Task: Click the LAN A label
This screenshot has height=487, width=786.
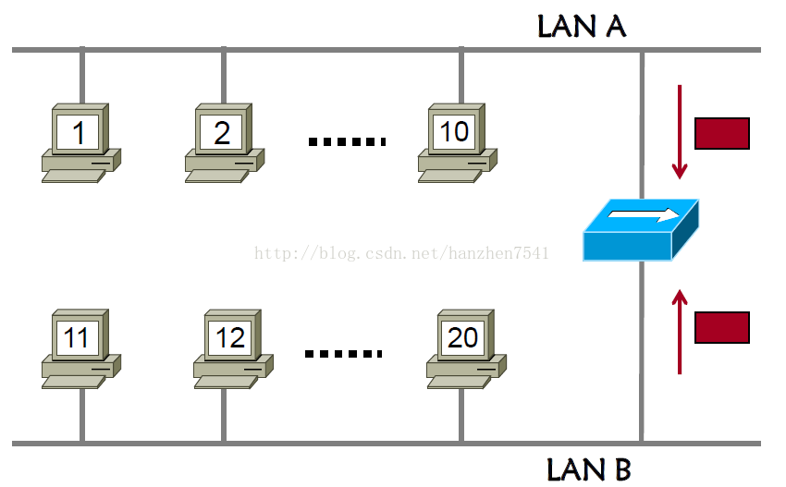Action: point(582,27)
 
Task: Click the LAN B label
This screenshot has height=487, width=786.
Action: point(588,469)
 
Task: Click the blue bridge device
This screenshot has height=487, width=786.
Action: point(640,231)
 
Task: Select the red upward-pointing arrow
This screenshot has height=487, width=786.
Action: point(680,332)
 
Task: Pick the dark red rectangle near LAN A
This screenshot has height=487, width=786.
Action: point(721,133)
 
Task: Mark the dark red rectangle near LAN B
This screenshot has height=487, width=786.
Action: point(721,327)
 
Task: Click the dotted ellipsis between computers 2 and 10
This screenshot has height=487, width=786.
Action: point(346,141)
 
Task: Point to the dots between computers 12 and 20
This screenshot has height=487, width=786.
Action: point(343,353)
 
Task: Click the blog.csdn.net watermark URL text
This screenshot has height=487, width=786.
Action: point(402,252)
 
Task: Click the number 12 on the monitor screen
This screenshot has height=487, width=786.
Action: point(230,337)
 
